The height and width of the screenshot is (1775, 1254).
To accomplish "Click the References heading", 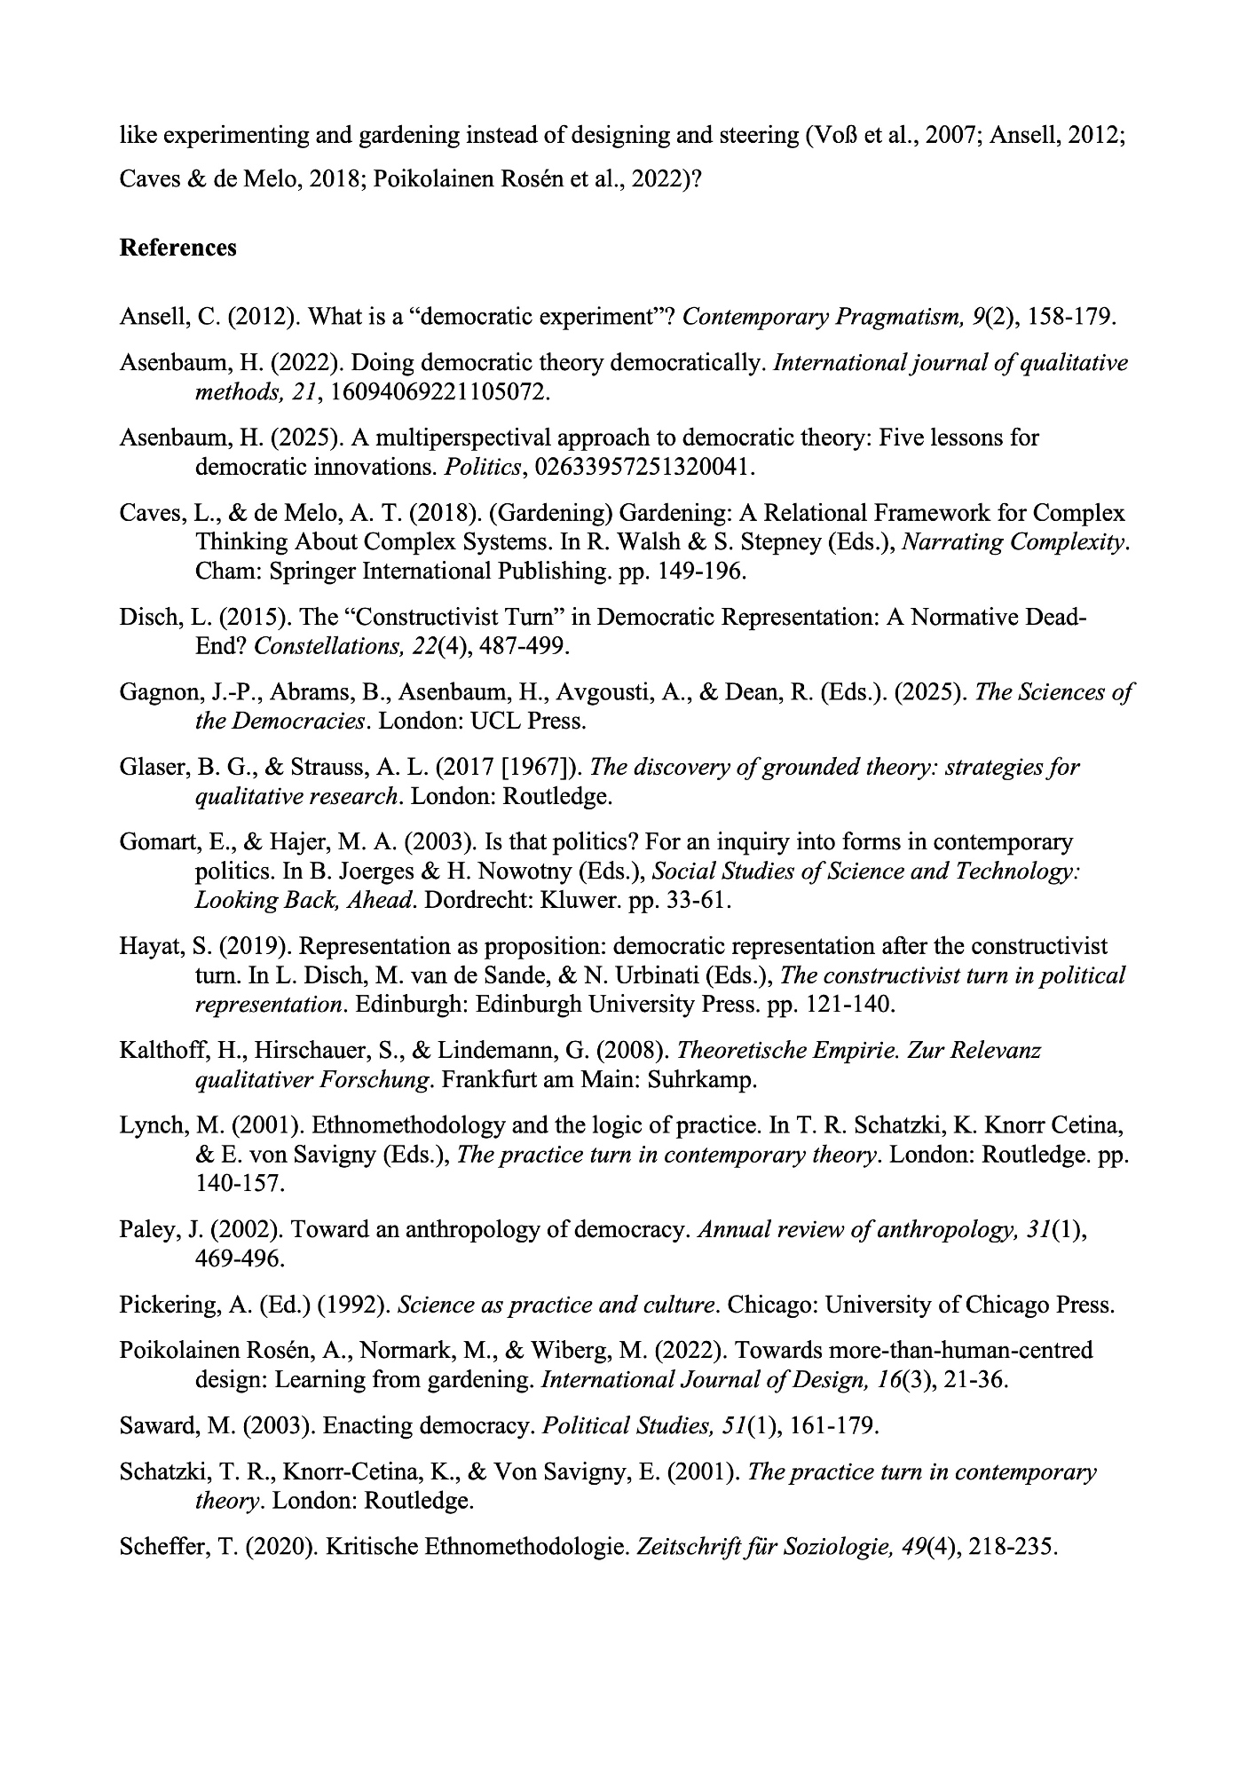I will (x=177, y=248).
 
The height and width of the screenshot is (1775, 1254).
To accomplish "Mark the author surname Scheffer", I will (x=154, y=1546).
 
